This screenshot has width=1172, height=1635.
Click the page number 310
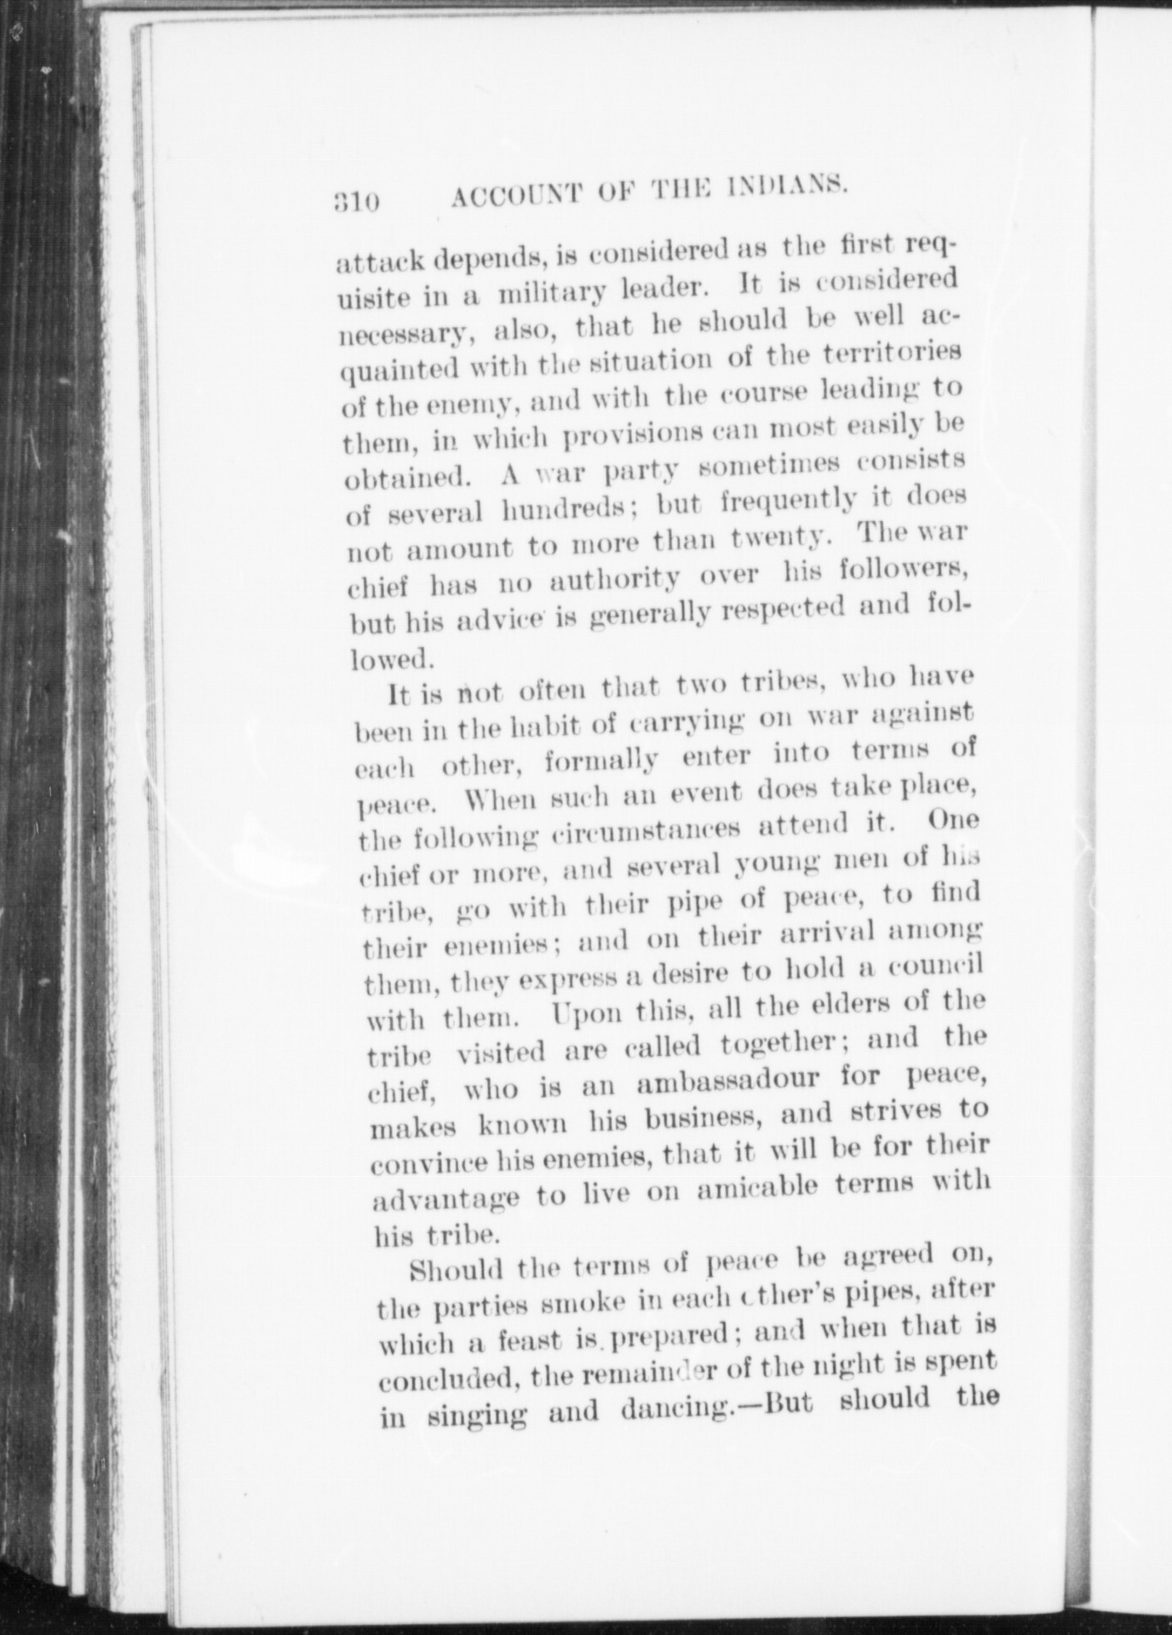[x=355, y=205]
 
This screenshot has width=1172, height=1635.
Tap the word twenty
[x=781, y=538]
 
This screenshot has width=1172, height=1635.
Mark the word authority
[x=614, y=581]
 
